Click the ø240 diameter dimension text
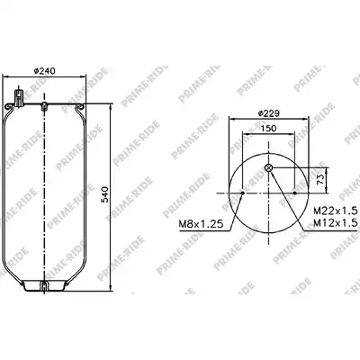pyautogui.click(x=44, y=71)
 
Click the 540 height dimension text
pyautogui.click(x=104, y=194)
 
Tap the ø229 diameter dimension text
pyautogui.click(x=268, y=113)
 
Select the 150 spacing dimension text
pyautogui.click(x=268, y=129)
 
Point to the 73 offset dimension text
pyautogui.click(x=320, y=179)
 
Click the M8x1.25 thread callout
pyautogui.click(x=201, y=224)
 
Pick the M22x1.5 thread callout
pyautogui.click(x=336, y=211)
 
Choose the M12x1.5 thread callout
pyautogui.click(x=336, y=222)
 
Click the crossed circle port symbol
pyautogui.click(x=269, y=168)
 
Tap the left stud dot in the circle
pyautogui.click(x=243, y=193)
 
